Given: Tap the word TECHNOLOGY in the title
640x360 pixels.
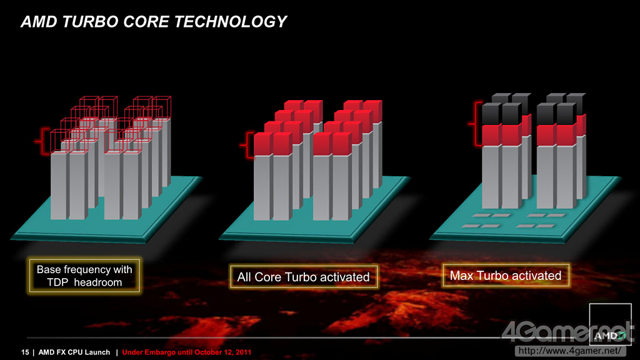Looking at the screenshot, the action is [231, 22].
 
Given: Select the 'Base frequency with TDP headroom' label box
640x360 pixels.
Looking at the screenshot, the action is [84, 276].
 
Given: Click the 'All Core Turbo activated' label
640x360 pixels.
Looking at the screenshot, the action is [303, 277].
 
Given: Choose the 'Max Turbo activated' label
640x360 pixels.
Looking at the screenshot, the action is [506, 276].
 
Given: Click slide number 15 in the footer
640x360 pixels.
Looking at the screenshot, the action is [25, 352].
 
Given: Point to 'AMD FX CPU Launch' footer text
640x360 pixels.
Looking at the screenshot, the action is [74, 352].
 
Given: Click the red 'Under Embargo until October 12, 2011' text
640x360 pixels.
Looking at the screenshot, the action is [186, 352].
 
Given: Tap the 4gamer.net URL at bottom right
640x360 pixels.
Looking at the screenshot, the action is [570, 351].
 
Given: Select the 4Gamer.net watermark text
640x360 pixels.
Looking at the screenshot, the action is [567, 331].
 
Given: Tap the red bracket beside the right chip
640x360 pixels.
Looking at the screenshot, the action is [476, 124].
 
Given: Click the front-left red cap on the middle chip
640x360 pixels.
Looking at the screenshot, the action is [263, 144].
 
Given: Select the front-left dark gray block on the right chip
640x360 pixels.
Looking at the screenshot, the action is [492, 114].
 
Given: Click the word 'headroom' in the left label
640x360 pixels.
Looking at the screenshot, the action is [98, 282].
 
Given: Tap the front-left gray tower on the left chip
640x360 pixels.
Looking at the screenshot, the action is [59, 186].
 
